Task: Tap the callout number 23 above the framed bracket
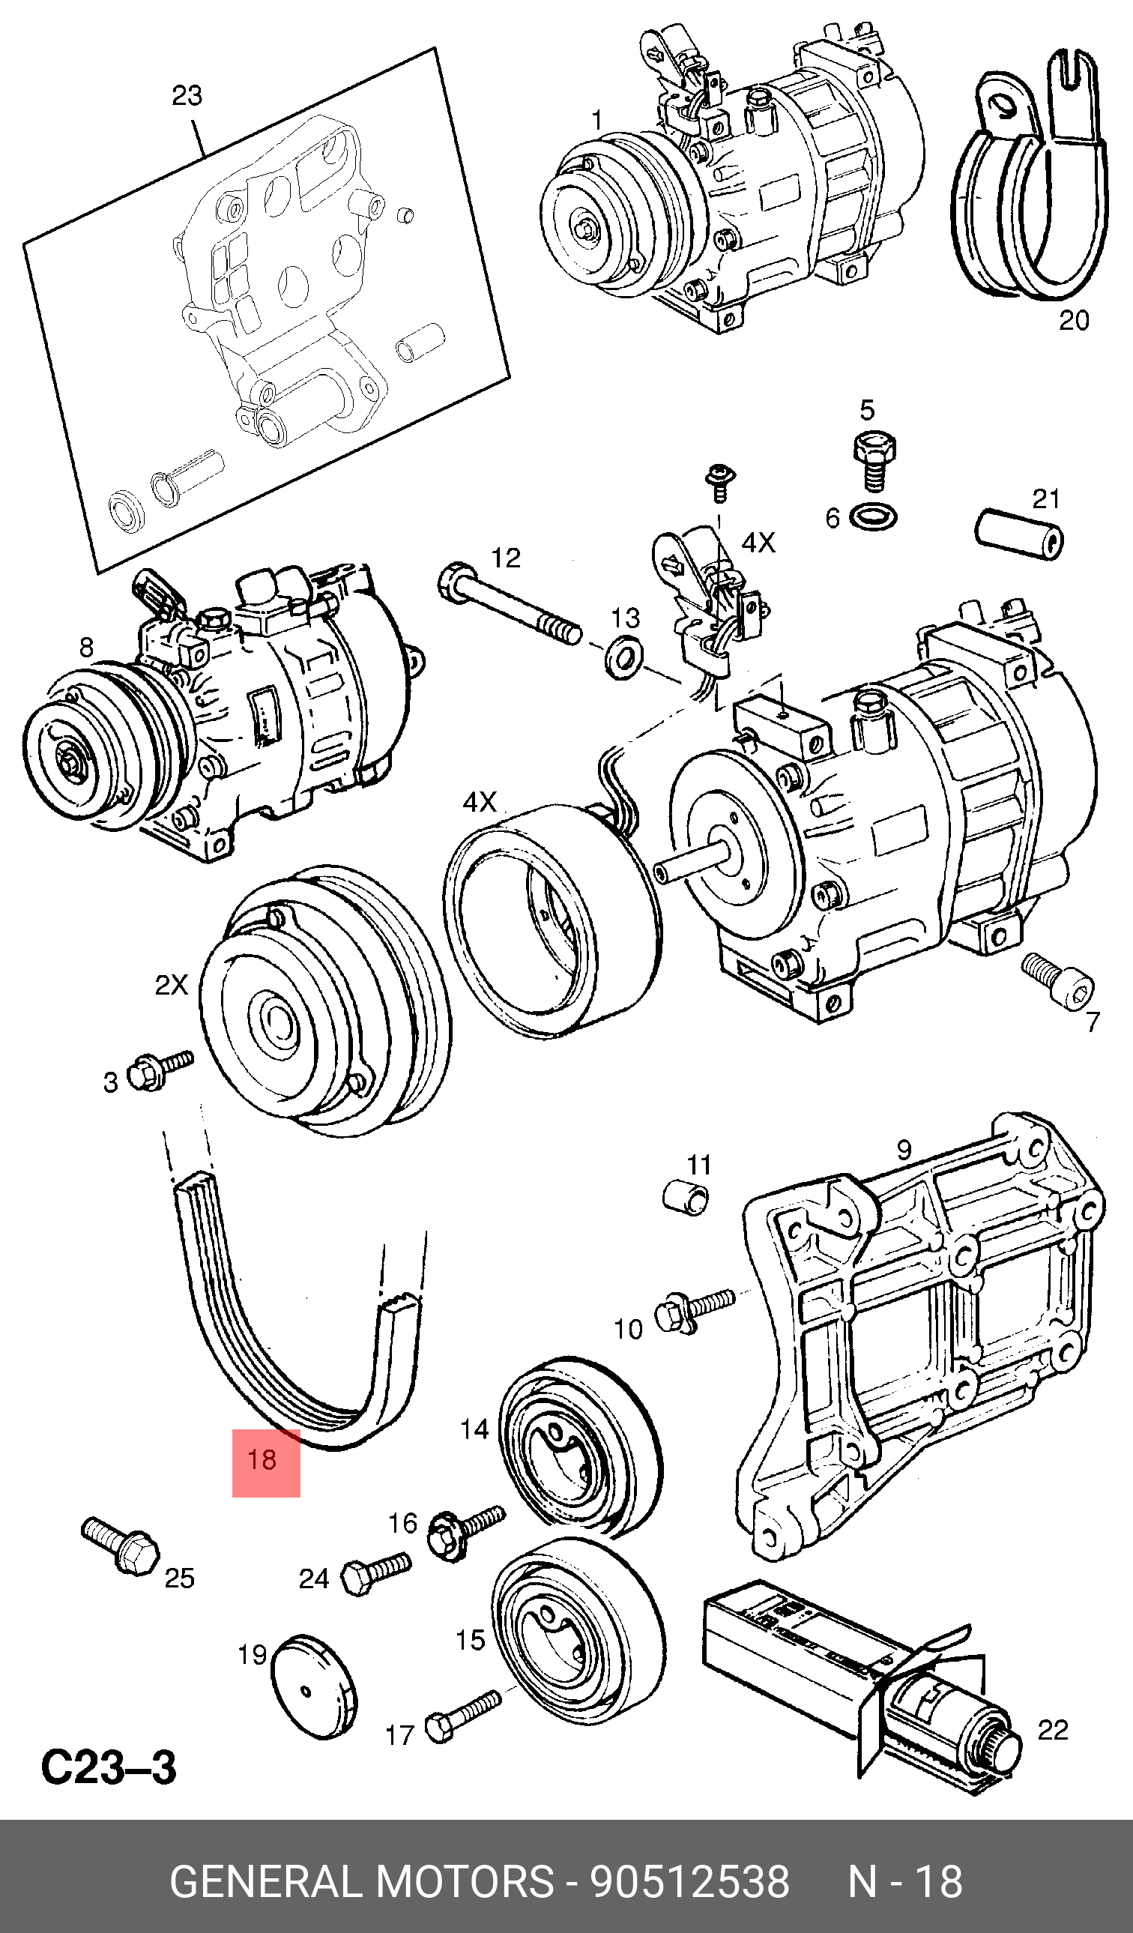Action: (187, 96)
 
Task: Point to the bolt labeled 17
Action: (462, 1715)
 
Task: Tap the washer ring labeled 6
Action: (874, 517)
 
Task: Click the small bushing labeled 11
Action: (686, 1198)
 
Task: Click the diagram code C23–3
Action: (108, 1767)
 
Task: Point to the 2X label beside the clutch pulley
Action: (171, 984)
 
